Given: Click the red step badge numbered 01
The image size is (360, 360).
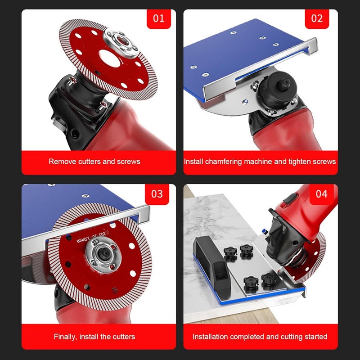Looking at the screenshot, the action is click(x=159, y=19).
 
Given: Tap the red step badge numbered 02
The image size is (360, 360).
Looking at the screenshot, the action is click(x=317, y=19).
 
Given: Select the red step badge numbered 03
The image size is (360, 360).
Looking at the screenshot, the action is click(x=157, y=194).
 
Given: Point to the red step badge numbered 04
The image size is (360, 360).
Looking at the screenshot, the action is click(x=321, y=194).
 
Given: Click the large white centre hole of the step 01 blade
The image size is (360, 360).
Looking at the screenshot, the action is click(x=109, y=58).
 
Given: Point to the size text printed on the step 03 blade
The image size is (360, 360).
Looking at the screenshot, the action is click(x=93, y=236).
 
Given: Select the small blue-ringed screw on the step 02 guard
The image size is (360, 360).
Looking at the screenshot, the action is click(x=245, y=101).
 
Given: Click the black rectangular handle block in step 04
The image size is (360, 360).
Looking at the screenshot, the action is click(x=211, y=264).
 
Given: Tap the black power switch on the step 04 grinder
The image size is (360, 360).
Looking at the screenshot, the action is click(x=290, y=198).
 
